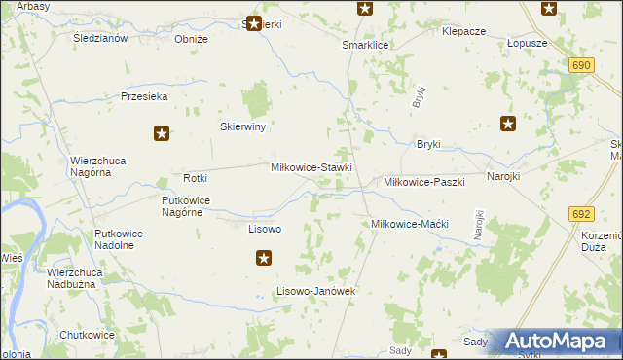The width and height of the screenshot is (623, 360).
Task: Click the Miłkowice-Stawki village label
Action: point(311,167)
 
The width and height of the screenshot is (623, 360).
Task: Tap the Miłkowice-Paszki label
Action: point(424,182)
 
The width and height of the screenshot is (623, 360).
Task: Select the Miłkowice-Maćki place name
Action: point(409,224)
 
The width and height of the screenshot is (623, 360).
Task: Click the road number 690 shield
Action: point(581,64)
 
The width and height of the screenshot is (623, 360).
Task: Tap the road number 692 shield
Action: point(582,214)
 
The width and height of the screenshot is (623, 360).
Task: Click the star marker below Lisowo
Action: point(264,258)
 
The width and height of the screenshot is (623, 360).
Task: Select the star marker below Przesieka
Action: point(163,134)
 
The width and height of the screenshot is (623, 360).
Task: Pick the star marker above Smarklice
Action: point(365,9)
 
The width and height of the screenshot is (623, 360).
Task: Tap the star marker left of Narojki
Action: point(508,124)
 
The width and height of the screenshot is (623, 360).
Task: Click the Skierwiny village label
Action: point(243,126)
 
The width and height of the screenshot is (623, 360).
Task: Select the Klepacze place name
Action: point(463,31)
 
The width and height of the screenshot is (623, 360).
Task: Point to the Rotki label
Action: point(196,178)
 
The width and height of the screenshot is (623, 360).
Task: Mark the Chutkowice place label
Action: point(87,335)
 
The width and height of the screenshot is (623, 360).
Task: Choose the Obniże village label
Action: point(191,39)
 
